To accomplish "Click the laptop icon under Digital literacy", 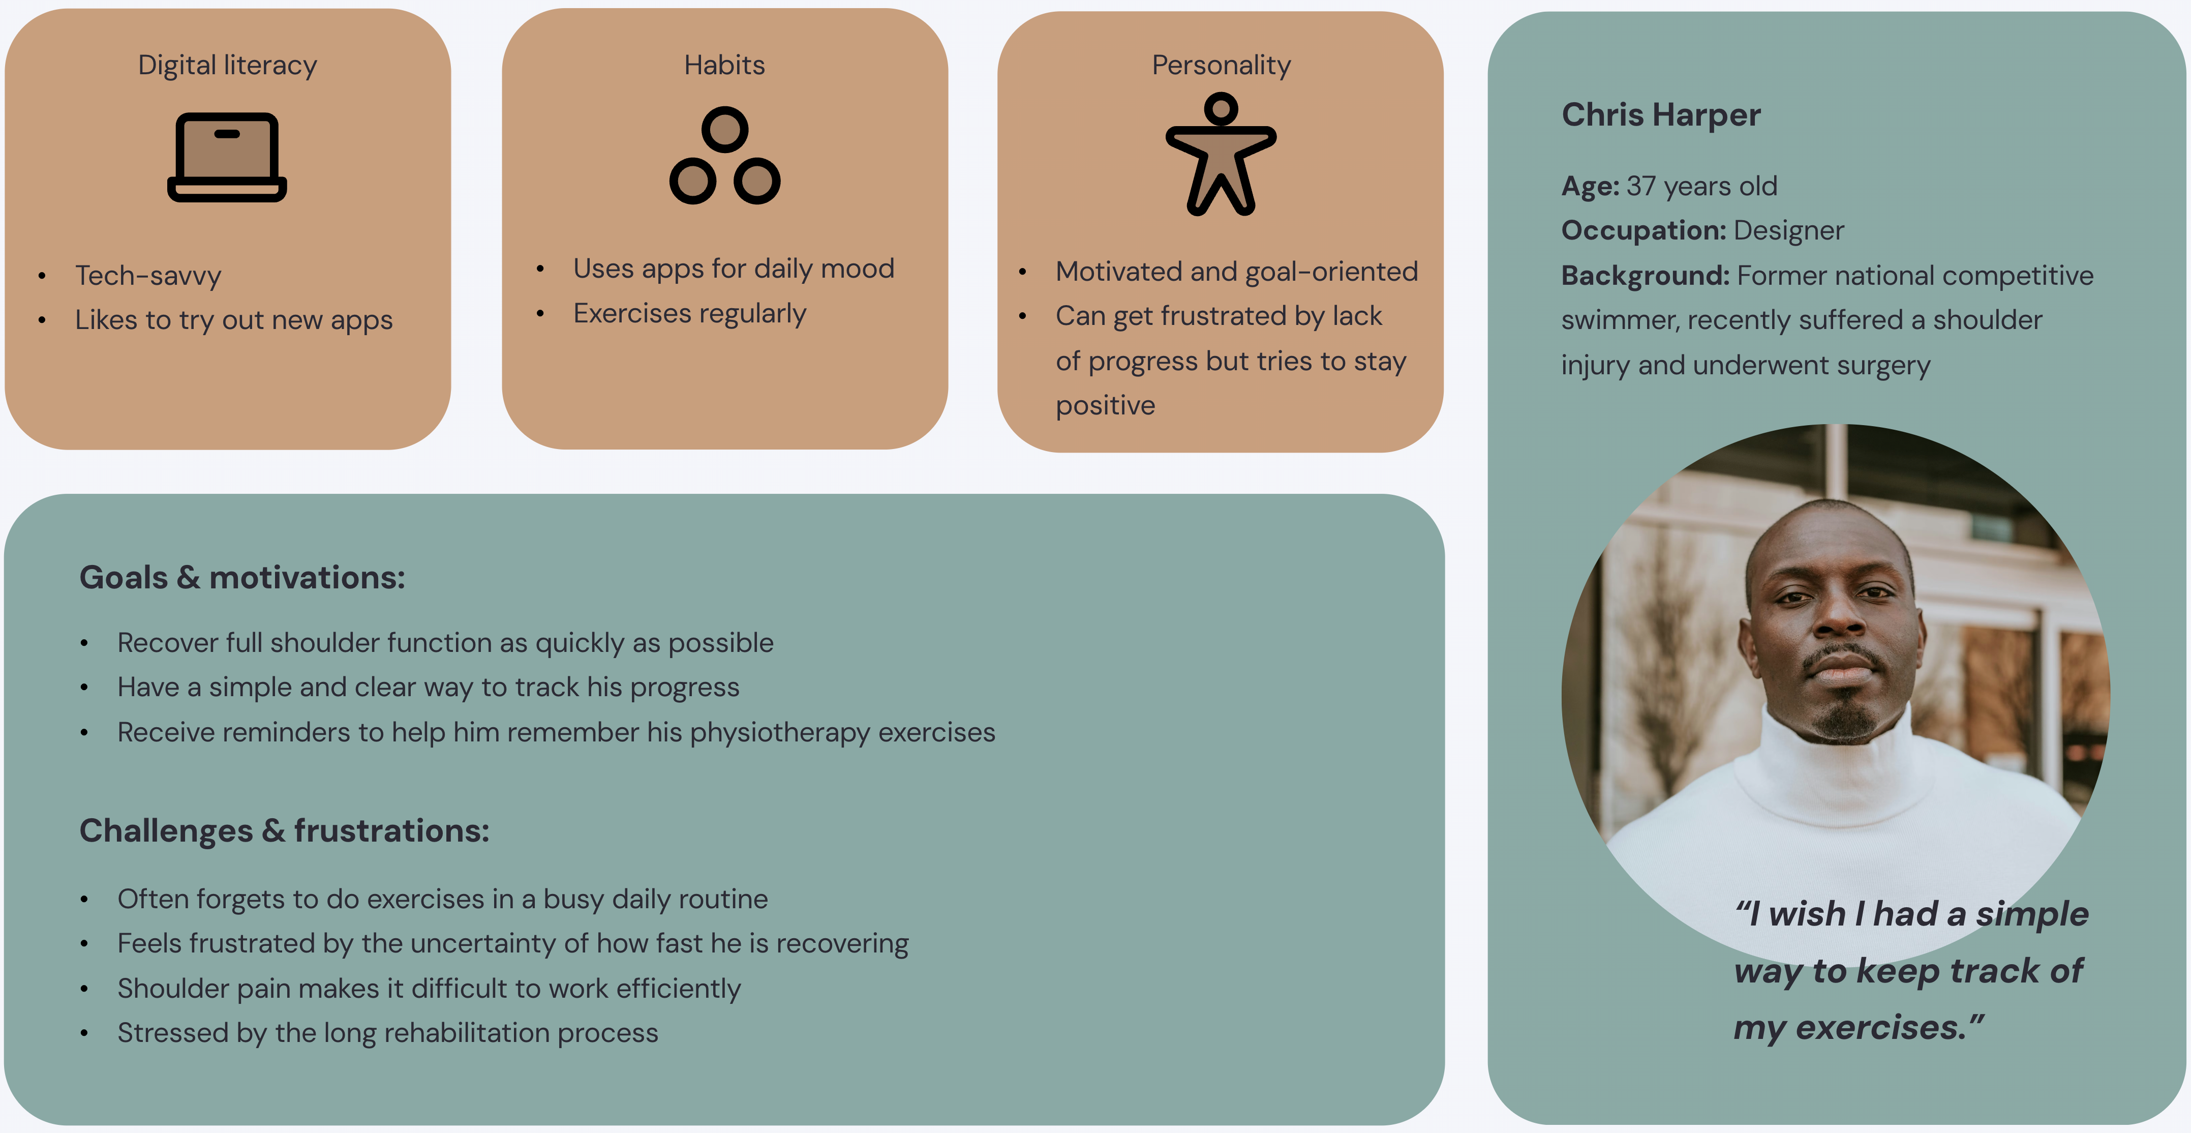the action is [227, 157].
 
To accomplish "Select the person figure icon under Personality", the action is [1221, 154].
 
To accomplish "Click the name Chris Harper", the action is [1660, 115].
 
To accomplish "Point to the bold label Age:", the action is [1590, 186].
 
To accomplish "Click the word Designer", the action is [1789, 230].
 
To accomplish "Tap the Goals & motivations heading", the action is [242, 578].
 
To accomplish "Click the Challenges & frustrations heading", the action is [284, 831].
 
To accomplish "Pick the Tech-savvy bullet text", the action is [148, 276].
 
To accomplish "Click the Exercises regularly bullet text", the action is [689, 314].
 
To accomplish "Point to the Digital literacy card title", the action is [227, 66].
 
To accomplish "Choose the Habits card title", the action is [725, 66].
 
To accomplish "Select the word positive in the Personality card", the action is [1105, 406].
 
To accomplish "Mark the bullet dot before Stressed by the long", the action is [84, 1033].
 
